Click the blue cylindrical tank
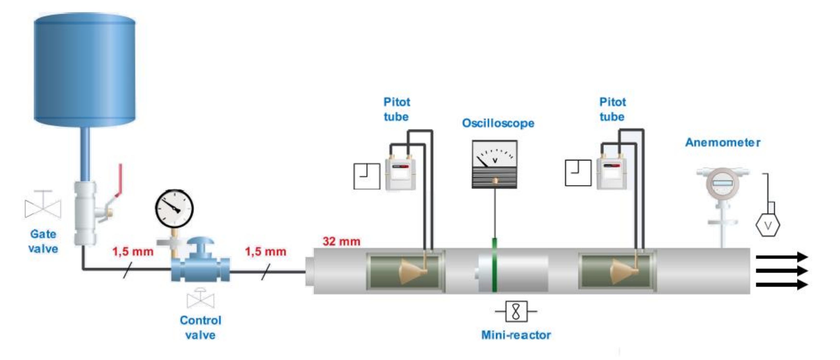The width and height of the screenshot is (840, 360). pos(84,69)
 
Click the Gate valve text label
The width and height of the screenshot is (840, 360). pos(43,241)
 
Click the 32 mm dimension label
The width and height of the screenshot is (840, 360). pos(341,241)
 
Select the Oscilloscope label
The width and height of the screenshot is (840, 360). pos(498,123)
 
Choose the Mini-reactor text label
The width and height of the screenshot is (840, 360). pos(516,335)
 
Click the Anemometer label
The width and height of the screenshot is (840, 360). pos(723,143)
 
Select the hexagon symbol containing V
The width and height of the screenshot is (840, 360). pos(768,225)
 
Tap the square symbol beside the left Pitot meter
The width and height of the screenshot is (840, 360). pos(367,176)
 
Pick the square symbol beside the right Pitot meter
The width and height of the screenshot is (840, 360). pos(578,173)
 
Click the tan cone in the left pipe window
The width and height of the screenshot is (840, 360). pos(412,272)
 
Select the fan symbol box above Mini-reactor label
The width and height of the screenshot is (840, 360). pos(516,311)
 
